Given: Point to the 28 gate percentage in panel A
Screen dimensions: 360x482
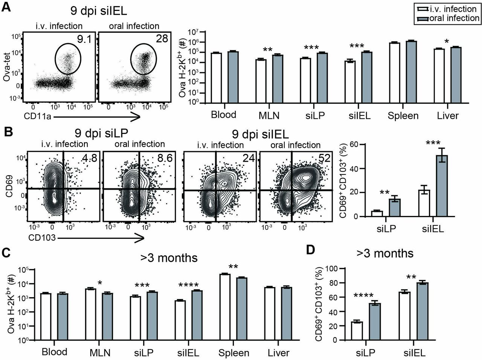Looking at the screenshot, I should (162, 38).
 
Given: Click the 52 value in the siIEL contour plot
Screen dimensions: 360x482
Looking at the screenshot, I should (324, 158).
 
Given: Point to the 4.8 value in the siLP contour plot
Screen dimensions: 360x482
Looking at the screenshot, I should (90, 158).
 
